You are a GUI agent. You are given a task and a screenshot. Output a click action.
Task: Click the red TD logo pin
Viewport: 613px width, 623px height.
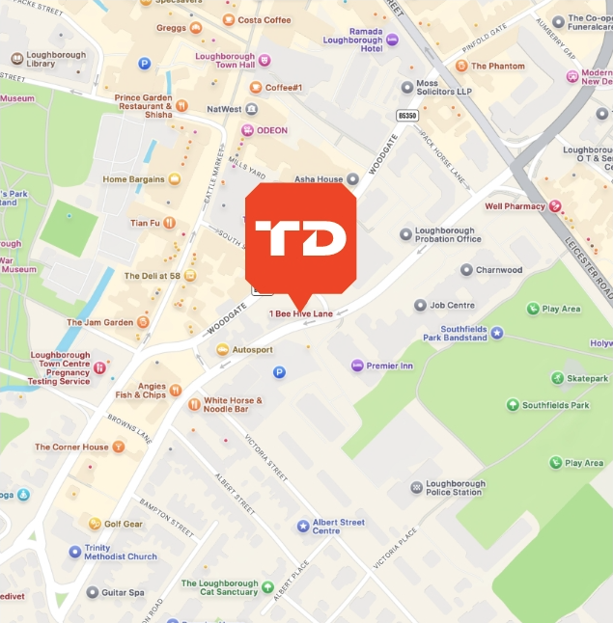coord(300,239)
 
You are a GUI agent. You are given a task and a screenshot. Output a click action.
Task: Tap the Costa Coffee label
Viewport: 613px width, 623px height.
coord(264,19)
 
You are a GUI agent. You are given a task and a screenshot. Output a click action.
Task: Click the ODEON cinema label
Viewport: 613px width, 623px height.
coord(271,130)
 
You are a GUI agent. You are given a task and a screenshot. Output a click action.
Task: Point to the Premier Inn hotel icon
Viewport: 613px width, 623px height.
coord(357,366)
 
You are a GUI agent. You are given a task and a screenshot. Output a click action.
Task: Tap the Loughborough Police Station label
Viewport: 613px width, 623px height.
coord(453,487)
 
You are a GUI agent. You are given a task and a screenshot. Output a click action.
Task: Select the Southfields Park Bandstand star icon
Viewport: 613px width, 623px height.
coord(497,333)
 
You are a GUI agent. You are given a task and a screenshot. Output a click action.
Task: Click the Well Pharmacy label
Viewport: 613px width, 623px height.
coord(515,206)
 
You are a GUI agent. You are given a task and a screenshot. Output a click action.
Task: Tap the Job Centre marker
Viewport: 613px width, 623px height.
coord(420,305)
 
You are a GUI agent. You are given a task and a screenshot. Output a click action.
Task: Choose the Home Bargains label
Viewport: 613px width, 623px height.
coord(135,178)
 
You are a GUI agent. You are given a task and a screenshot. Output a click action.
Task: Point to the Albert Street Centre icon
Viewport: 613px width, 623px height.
coord(303,526)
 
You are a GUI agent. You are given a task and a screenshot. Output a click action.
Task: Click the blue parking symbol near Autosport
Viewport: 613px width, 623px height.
coord(280,372)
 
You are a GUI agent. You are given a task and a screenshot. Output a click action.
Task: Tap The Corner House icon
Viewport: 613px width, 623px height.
coord(119,447)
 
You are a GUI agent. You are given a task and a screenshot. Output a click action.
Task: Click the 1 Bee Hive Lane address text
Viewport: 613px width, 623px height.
coord(300,313)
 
